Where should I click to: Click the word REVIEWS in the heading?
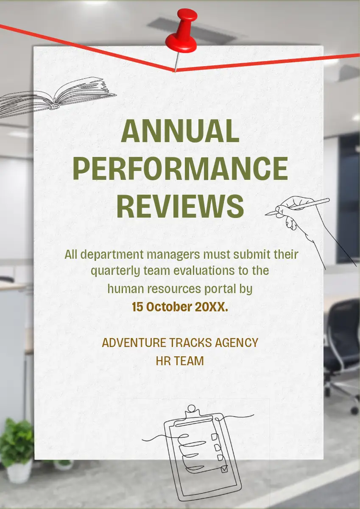[180, 206]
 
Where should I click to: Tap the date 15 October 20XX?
[180, 307]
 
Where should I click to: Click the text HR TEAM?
[180, 361]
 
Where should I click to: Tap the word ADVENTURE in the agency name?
[134, 343]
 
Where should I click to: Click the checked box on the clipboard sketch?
[224, 469]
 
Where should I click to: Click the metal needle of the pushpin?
[176, 62]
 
